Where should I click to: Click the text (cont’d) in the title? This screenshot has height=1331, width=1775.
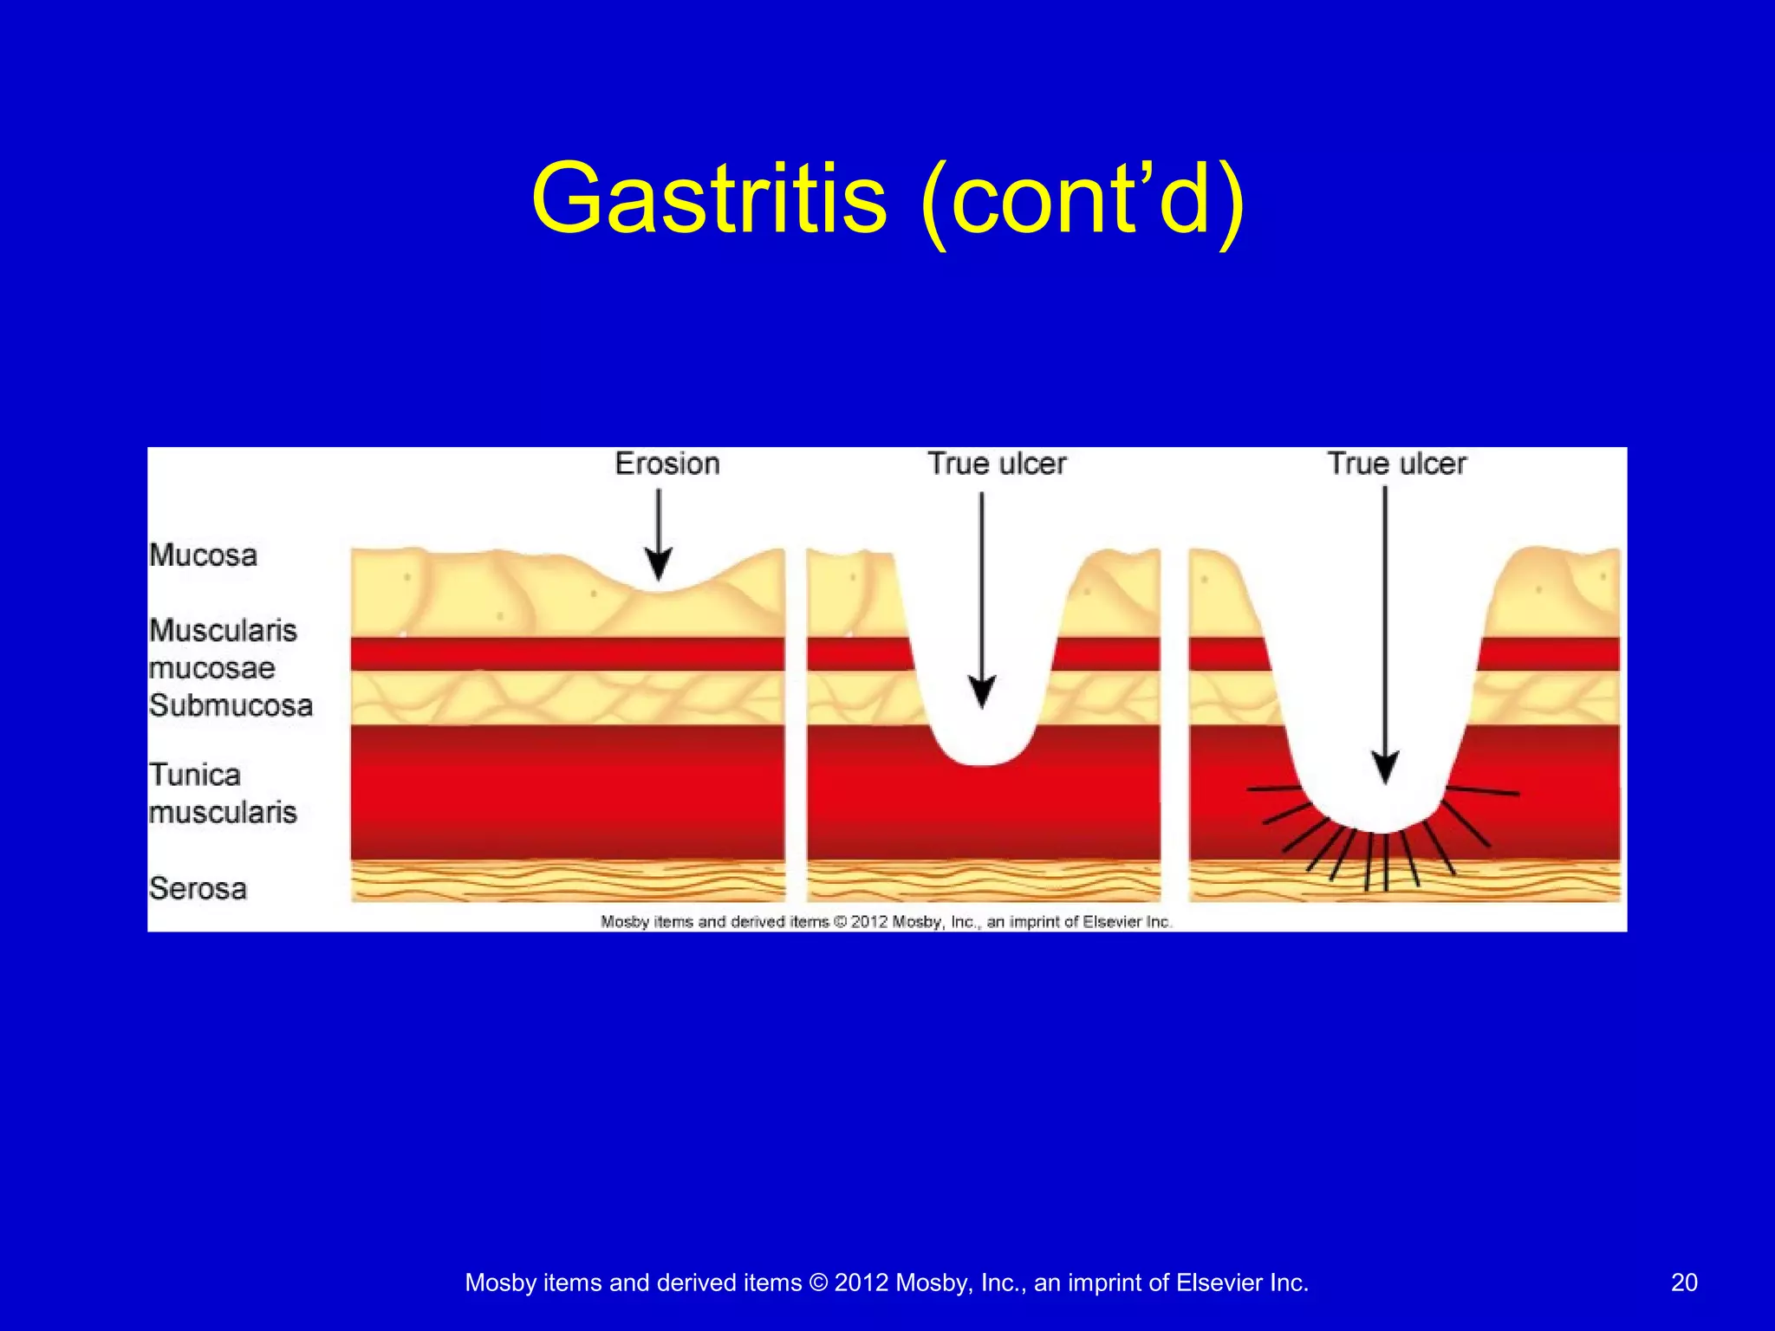pyautogui.click(x=1083, y=201)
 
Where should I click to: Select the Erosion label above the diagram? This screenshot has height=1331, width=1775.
pyautogui.click(x=667, y=464)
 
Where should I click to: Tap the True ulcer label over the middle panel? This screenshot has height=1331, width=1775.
pyautogui.click(x=997, y=464)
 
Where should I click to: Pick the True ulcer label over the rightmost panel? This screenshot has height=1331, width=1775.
pyautogui.click(x=1396, y=464)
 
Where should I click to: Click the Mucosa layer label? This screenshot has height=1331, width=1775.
pyautogui.click(x=203, y=555)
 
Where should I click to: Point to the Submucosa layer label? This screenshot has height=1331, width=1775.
pyautogui.click(x=231, y=705)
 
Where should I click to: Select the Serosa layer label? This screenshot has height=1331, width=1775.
pyautogui.click(x=198, y=889)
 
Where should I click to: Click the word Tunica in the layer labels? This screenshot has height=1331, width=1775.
pyautogui.click(x=194, y=775)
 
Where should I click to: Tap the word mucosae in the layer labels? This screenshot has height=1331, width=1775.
pyautogui.click(x=211, y=668)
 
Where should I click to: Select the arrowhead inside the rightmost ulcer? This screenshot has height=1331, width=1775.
pyautogui.click(x=1385, y=767)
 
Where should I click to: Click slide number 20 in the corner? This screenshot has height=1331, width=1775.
pyautogui.click(x=1684, y=1282)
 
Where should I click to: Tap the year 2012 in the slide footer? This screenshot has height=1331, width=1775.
pyautogui.click(x=861, y=1282)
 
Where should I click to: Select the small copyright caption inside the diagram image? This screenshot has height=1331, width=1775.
pyautogui.click(x=886, y=922)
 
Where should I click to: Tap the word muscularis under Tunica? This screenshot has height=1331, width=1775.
pyautogui.click(x=223, y=813)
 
